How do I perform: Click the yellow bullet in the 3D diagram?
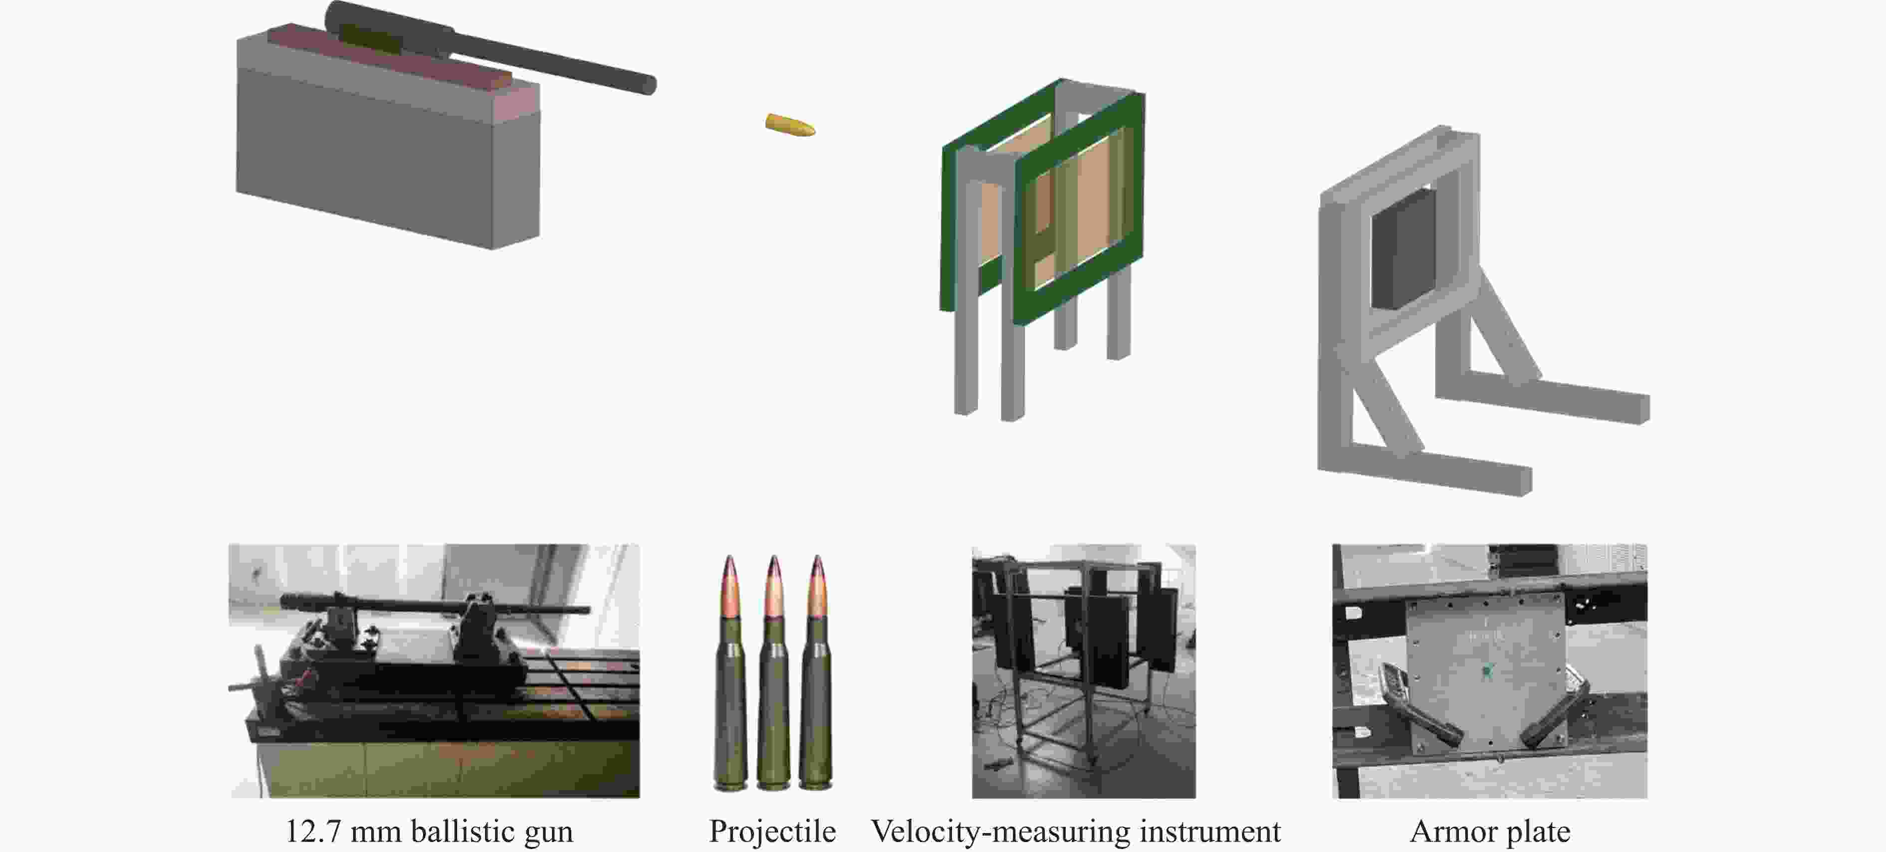(790, 125)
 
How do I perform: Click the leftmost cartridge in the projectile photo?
(730, 673)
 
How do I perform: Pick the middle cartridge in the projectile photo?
(774, 673)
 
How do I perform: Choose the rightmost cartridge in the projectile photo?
(816, 673)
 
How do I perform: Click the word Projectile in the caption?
(772, 832)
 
